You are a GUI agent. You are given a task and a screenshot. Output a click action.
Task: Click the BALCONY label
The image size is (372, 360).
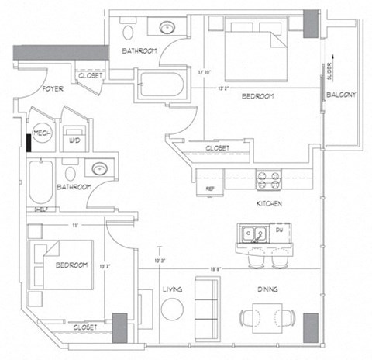coord(341,95)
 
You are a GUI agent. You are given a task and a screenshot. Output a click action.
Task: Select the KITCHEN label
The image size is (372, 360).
coord(268,203)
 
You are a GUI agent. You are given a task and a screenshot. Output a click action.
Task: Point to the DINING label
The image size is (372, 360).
coord(267,289)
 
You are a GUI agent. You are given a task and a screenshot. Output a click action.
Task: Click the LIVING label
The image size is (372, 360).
coord(172,289)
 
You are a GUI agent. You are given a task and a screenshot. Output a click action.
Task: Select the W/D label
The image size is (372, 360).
coord(75,140)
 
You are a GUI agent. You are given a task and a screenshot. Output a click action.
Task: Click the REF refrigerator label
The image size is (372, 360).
coord(209,189)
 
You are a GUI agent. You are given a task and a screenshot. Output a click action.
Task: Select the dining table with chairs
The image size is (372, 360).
coord(267,318)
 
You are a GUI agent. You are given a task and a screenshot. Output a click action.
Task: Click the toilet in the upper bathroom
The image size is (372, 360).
coord(130,29)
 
